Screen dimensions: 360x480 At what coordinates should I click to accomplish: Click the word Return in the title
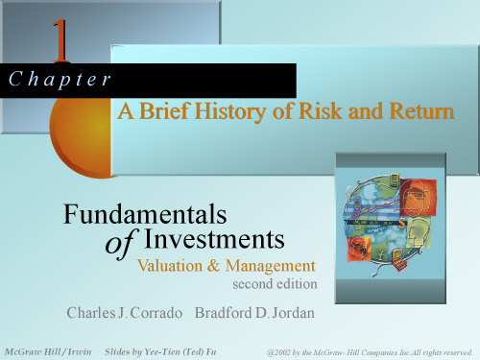(416, 113)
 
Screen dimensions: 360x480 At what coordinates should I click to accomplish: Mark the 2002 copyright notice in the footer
(371, 353)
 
